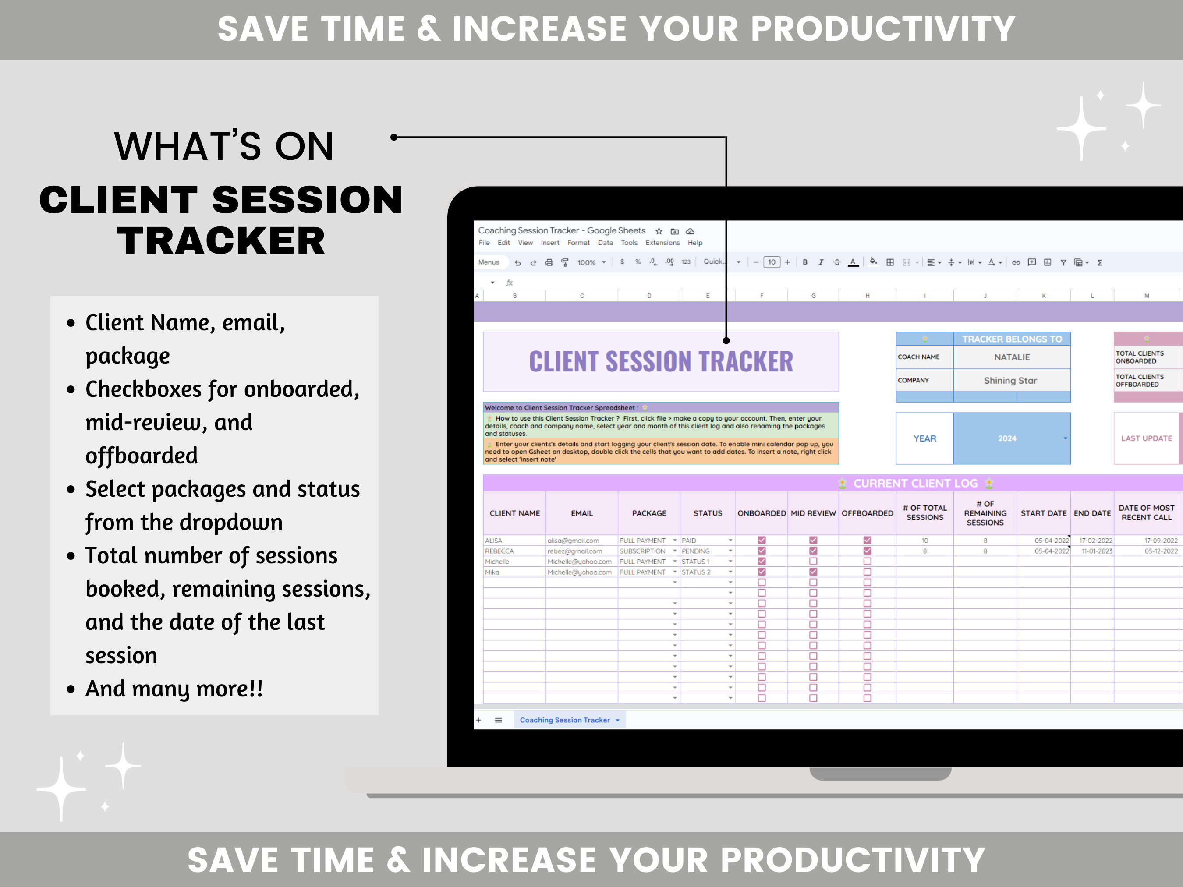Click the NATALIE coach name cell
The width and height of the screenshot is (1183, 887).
[x=1011, y=357]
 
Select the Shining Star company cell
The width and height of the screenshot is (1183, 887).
[x=1010, y=381]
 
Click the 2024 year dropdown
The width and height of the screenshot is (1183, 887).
[x=1011, y=438]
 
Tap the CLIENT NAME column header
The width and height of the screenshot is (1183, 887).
[x=514, y=513]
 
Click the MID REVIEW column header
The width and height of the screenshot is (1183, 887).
[x=813, y=513]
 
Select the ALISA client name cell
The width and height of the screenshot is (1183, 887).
[x=514, y=541]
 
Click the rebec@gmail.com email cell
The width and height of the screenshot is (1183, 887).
[x=581, y=551]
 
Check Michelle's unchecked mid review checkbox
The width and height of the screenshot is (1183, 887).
[x=813, y=562]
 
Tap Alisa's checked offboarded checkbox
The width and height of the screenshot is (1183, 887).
[x=867, y=541]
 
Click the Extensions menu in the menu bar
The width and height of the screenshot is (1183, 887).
[x=662, y=243]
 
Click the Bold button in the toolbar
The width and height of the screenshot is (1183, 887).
[x=805, y=262]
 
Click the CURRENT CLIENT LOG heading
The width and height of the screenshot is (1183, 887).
[x=914, y=483]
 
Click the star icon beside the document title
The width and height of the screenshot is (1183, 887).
[x=659, y=231]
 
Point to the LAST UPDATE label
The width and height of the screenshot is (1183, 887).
[x=1146, y=438]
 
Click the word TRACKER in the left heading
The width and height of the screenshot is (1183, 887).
[x=221, y=240]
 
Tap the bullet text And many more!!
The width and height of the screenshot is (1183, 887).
[x=174, y=689]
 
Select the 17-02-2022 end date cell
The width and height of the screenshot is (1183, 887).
[x=1095, y=541]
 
